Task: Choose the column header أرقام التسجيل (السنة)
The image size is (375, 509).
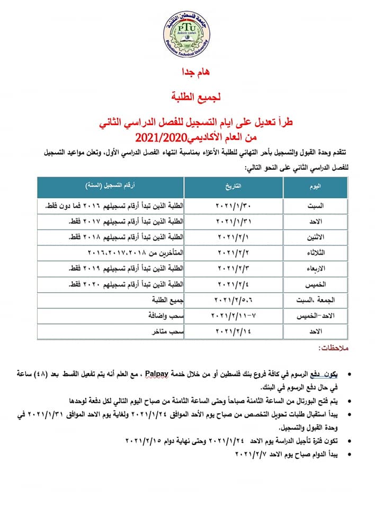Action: pos(112,187)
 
